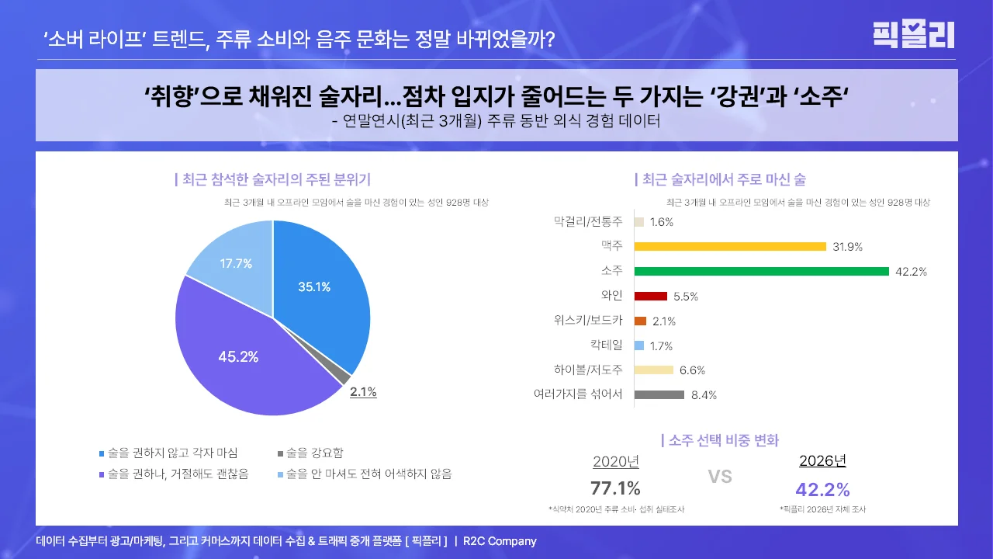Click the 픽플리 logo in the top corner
[913, 34]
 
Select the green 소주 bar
[761, 272]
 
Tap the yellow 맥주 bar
[729, 247]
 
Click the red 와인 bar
[650, 296]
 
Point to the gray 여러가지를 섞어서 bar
[659, 394]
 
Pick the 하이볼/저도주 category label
[588, 370]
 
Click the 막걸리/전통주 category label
[588, 222]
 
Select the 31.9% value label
[847, 247]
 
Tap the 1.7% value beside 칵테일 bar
[661, 346]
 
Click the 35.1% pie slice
[314, 286]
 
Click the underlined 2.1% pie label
[363, 392]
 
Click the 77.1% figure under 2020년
[615, 488]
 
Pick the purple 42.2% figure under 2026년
[822, 490]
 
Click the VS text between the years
[720, 477]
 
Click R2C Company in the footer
[500, 541]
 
